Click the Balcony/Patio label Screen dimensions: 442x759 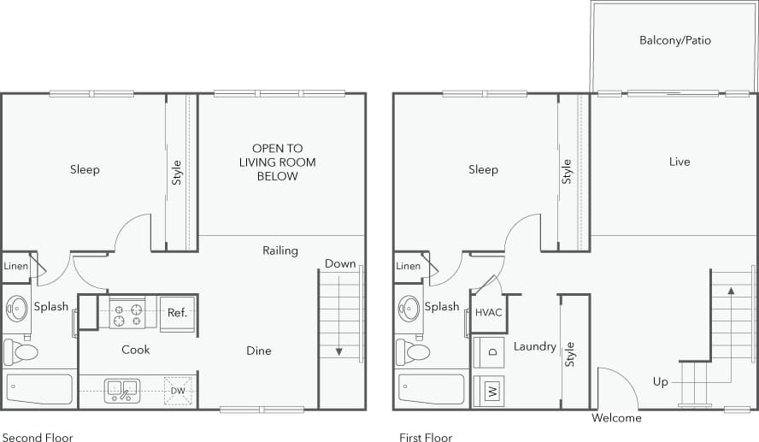pyautogui.click(x=674, y=40)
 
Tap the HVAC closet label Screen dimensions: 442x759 pyautogui.click(x=488, y=312)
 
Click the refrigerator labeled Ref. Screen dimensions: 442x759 pyautogui.click(x=177, y=313)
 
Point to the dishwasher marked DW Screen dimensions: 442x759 pyautogui.click(x=178, y=390)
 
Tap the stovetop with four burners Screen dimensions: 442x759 pyautogui.click(x=127, y=313)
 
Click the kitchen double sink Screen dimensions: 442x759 pyautogui.click(x=122, y=390)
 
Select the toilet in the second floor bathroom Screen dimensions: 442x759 pyautogui.click(x=21, y=351)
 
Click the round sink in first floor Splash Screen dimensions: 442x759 pyautogui.click(x=409, y=308)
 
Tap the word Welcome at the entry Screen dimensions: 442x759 pyautogui.click(x=616, y=418)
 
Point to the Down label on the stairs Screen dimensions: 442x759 pyautogui.click(x=339, y=263)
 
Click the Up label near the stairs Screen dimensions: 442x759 pyautogui.click(x=660, y=382)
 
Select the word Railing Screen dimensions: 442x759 pyautogui.click(x=280, y=250)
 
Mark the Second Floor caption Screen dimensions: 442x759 pyautogui.click(x=37, y=437)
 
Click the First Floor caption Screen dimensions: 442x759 pyautogui.click(x=426, y=437)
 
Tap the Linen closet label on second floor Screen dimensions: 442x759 pyautogui.click(x=16, y=266)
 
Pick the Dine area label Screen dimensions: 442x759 pyautogui.click(x=258, y=351)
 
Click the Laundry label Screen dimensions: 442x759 pyautogui.click(x=535, y=346)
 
